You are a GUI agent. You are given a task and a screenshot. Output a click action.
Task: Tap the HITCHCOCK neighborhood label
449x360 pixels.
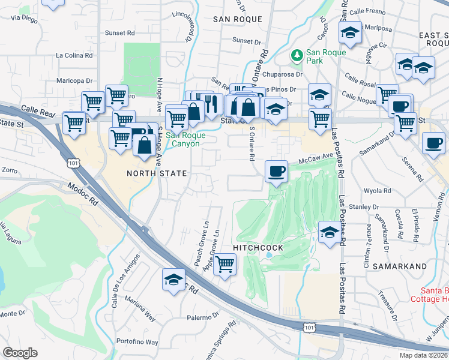(257, 248)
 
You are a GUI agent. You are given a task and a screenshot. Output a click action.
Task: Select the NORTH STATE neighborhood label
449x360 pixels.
(157, 173)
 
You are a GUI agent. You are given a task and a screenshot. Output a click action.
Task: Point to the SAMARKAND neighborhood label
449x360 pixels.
(399, 266)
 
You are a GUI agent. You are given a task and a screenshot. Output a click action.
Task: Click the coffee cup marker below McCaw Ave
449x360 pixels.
(276, 172)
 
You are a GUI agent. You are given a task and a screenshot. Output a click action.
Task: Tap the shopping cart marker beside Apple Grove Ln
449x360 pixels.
(224, 263)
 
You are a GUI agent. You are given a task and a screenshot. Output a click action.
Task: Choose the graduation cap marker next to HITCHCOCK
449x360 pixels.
(329, 232)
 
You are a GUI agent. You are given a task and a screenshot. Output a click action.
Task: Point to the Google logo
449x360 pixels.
(20, 352)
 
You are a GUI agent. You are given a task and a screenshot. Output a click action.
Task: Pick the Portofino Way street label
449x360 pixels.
(137, 342)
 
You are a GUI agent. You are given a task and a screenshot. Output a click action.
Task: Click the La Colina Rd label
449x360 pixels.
(74, 55)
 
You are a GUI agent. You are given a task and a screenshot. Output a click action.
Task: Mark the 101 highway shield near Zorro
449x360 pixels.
(73, 163)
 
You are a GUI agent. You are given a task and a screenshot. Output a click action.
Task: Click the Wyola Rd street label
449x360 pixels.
(378, 191)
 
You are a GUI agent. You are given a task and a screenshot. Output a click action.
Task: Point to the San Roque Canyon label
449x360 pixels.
(186, 139)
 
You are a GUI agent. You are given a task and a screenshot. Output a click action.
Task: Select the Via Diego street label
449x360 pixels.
(22, 17)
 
